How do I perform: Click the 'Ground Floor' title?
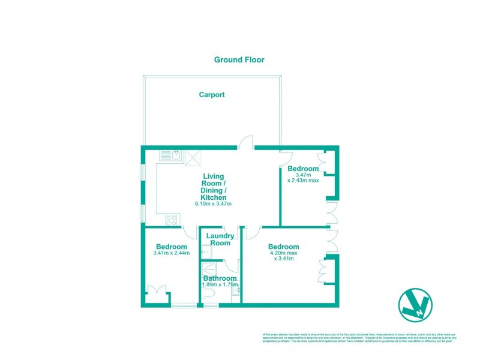pyautogui.click(x=239, y=60)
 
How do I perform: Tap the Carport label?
pyautogui.click(x=212, y=95)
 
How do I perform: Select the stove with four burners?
pyautogui.click(x=170, y=219)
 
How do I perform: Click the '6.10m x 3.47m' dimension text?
pyautogui.click(x=213, y=204)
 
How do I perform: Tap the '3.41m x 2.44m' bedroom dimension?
pyautogui.click(x=171, y=253)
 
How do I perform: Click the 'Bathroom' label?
pyautogui.click(x=220, y=278)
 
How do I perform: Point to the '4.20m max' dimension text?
pyautogui.click(x=283, y=253)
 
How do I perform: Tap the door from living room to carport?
pyautogui.click(x=245, y=142)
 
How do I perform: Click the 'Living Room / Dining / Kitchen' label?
pyautogui.click(x=214, y=186)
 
